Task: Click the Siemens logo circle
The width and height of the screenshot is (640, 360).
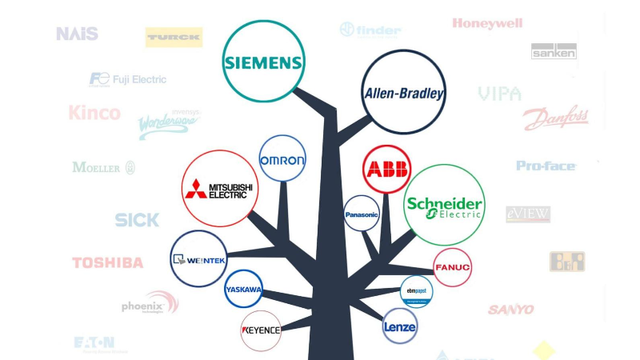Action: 264,62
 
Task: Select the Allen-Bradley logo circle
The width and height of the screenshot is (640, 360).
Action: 403,92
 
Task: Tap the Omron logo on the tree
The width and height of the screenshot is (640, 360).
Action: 282,160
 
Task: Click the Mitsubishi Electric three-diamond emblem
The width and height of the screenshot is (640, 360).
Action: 195,190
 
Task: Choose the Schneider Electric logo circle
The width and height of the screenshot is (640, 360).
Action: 444,205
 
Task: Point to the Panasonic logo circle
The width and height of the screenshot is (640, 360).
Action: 361,214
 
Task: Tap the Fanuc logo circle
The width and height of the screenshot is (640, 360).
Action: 452,267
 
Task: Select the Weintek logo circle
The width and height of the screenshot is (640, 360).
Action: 199,259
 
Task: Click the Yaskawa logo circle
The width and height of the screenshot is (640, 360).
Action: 243,289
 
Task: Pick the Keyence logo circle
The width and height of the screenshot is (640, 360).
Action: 261,330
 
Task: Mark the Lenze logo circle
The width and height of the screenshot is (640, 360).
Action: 399,326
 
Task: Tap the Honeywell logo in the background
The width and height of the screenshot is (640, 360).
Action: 487,24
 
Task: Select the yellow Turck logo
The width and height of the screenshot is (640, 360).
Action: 174,37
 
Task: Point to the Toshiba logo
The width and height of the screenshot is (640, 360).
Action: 108,262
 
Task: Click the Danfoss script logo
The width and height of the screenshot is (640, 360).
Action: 555,119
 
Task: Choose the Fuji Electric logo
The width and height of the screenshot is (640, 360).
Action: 128,79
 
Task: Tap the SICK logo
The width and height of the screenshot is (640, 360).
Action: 137,219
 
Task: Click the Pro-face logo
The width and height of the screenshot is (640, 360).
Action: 546,166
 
